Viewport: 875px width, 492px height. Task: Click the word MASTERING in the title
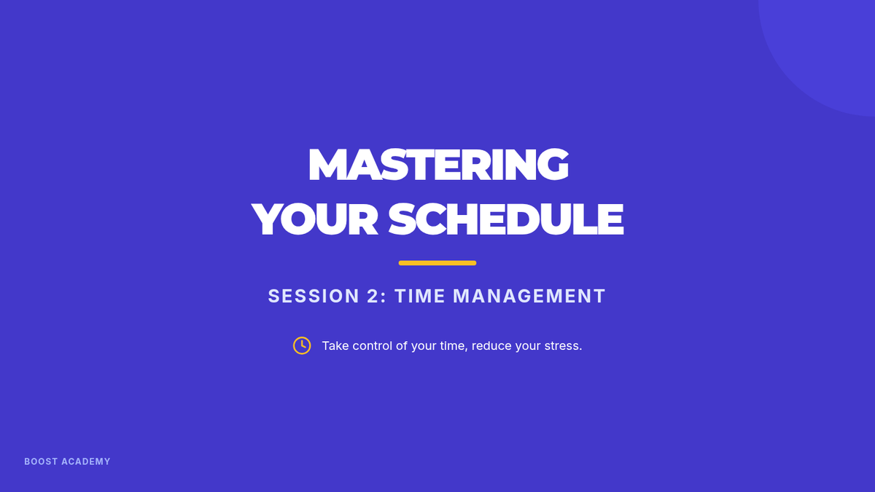(438, 165)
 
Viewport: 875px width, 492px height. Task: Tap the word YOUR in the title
(315, 219)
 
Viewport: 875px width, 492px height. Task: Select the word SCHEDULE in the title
(506, 219)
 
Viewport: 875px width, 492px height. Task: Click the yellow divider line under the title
(437, 263)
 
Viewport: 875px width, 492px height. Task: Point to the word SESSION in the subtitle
(314, 296)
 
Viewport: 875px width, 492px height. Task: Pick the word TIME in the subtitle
(420, 296)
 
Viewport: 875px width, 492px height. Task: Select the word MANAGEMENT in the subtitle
(529, 296)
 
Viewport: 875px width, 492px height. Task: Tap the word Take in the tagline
(335, 346)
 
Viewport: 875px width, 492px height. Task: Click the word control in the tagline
(373, 346)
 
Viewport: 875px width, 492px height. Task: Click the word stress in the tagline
(561, 346)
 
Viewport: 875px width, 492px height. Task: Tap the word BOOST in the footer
(41, 461)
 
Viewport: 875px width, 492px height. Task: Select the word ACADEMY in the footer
(86, 461)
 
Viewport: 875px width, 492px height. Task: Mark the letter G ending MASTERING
(553, 165)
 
